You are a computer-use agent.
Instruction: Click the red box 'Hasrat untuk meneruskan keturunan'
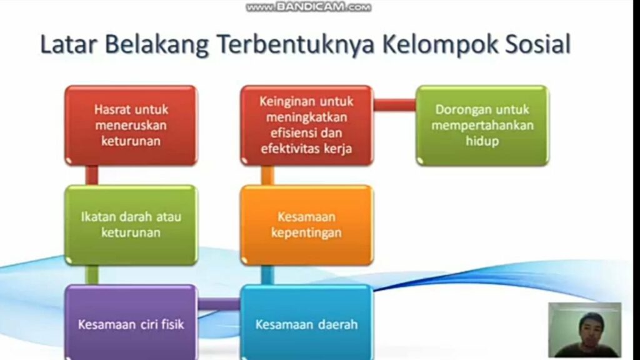pos(131,125)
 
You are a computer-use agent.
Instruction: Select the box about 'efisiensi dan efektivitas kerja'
pos(306,125)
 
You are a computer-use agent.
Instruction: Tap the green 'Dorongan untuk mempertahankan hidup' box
pos(482,125)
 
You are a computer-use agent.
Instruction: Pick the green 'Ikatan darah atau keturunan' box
pos(131,225)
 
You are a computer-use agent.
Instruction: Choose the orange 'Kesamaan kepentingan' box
pos(306,225)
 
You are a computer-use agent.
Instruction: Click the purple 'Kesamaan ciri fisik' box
pos(131,322)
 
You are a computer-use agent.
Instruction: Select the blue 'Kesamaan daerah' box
pos(306,322)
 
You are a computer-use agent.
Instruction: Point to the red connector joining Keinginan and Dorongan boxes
pos(395,105)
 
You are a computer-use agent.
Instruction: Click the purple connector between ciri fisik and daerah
pos(219,304)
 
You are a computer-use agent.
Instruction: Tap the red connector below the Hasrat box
pos(92,176)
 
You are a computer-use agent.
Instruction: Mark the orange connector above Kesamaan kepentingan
pos(267,176)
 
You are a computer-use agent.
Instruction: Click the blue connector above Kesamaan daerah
pos(267,275)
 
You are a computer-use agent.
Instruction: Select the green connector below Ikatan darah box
pos(92,275)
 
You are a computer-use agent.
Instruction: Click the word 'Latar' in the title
pos(69,44)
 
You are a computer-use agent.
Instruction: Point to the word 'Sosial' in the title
pos(537,44)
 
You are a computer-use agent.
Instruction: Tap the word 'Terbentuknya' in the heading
pos(296,45)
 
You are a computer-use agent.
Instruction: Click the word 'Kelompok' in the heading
pos(440,45)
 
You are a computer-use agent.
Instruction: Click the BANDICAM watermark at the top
pos(309,7)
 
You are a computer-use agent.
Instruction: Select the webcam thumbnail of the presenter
pos(585,330)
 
